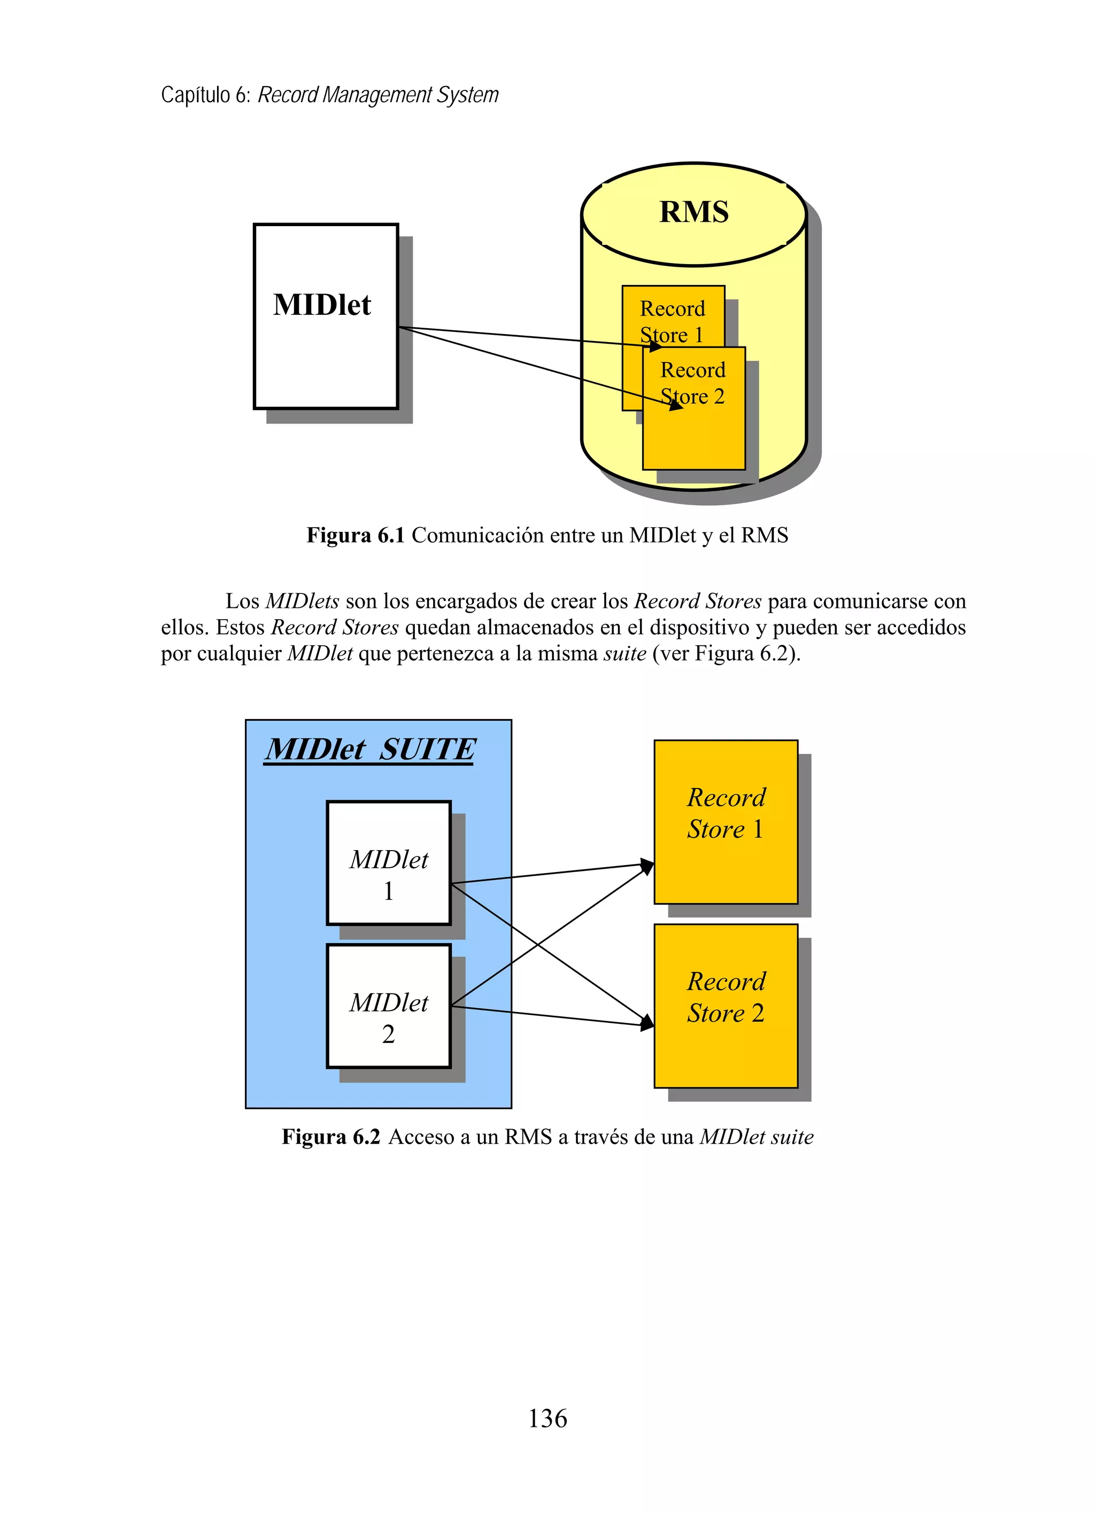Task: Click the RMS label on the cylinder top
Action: pos(693,212)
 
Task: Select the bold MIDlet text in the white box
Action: pos(322,305)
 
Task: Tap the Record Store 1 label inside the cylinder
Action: pos(672,321)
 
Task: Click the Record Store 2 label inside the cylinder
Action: pos(692,383)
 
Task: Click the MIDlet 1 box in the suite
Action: pos(388,862)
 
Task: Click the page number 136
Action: pos(547,1418)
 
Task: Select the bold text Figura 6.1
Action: pos(356,535)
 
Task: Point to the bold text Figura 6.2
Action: pos(330,1137)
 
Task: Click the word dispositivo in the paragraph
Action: pos(707,627)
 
